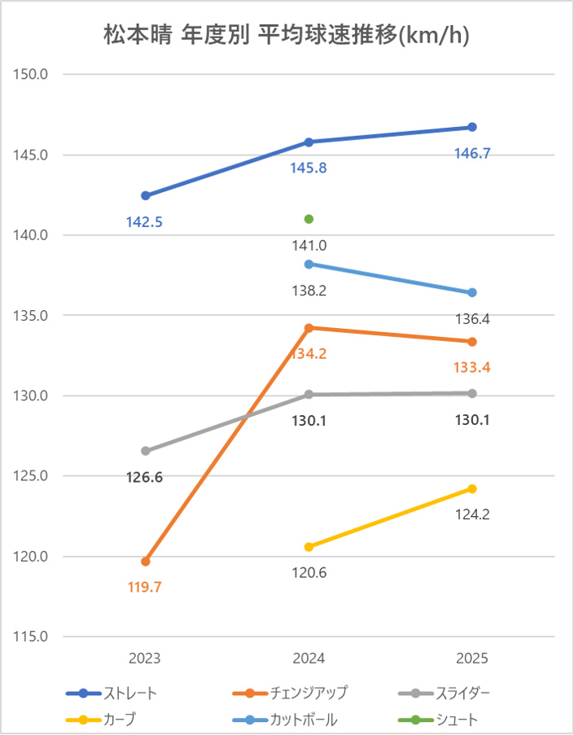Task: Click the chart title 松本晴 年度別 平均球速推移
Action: pyautogui.click(x=287, y=35)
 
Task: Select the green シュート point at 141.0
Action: pyautogui.click(x=309, y=219)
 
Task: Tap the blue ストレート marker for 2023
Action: pyautogui.click(x=146, y=195)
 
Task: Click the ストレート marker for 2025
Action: pyautogui.click(x=472, y=127)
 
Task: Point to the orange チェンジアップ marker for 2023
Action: pyautogui.click(x=146, y=562)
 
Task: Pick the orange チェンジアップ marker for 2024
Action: pyautogui.click(x=309, y=328)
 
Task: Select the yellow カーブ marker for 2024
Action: pyautogui.click(x=309, y=547)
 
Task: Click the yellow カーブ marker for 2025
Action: pyautogui.click(x=472, y=489)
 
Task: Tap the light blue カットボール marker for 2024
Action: pyautogui.click(x=309, y=264)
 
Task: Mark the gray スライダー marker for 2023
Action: pyautogui.click(x=146, y=451)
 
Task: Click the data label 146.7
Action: pyautogui.click(x=472, y=153)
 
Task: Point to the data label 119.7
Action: pyautogui.click(x=146, y=587)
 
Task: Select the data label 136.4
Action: pyautogui.click(x=472, y=319)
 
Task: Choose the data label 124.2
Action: pyautogui.click(x=472, y=514)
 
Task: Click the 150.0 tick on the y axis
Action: pyautogui.click(x=33, y=74)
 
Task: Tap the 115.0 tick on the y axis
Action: pyautogui.click(x=33, y=637)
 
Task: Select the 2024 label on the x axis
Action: pyautogui.click(x=309, y=658)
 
